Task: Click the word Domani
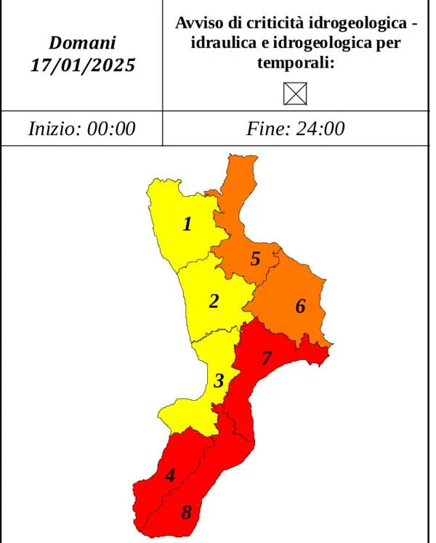[x=82, y=43]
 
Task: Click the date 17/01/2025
[x=82, y=65]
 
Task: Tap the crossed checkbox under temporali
[x=299, y=93]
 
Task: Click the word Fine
[x=268, y=128]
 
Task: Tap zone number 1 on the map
[x=187, y=224]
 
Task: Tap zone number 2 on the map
[x=214, y=301]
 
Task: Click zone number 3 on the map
[x=219, y=380]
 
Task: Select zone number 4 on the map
[x=170, y=475]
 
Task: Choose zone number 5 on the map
[x=255, y=258]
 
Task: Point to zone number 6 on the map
[x=300, y=306]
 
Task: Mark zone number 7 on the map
[x=266, y=358]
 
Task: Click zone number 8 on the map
[x=186, y=513]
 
